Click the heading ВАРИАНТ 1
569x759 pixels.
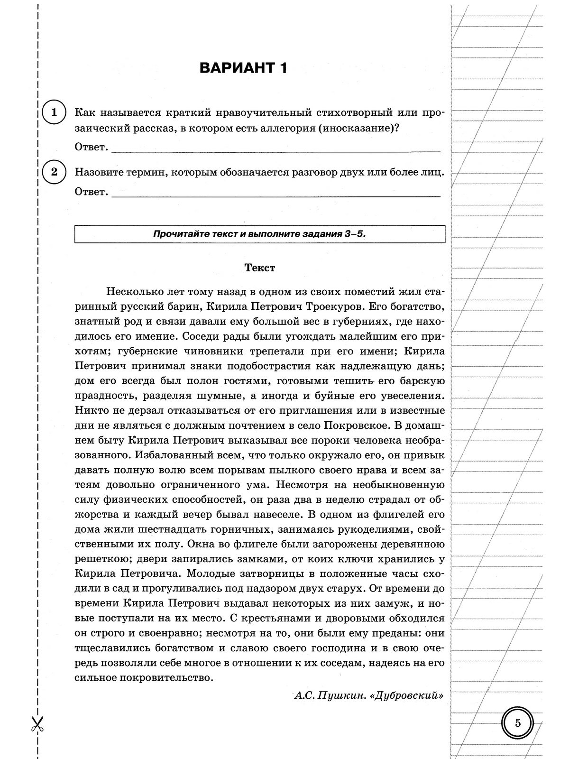click(243, 68)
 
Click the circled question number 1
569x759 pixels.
click(54, 112)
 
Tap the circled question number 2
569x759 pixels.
click(54, 172)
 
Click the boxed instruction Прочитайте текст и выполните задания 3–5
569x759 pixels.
click(259, 234)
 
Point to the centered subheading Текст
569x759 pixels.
click(259, 268)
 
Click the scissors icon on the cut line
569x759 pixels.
click(37, 724)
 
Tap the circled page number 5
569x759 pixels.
click(517, 723)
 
